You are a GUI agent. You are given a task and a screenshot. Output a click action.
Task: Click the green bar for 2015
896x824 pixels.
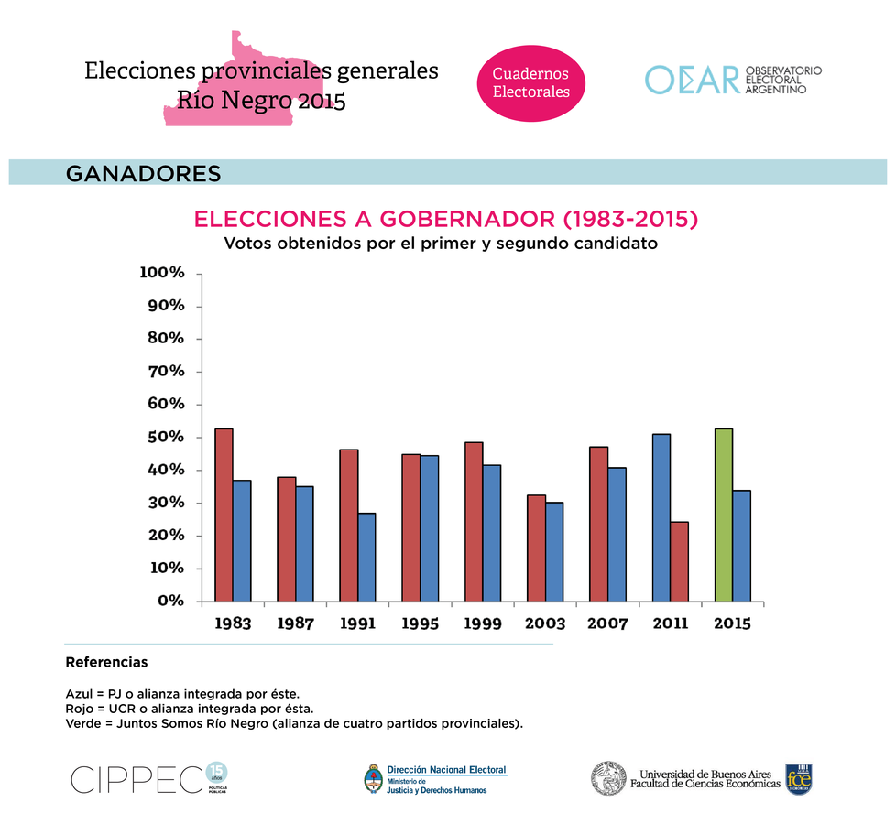pos(724,515)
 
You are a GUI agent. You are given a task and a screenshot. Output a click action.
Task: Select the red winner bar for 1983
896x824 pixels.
pos(224,515)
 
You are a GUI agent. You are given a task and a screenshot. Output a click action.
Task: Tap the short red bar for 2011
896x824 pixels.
pos(679,561)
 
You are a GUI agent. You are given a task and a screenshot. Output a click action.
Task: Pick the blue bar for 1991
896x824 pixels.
pos(366,557)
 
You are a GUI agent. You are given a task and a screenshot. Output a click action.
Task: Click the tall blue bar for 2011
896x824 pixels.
pos(661,517)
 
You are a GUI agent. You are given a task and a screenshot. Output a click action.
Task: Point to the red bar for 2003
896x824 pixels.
pos(536,548)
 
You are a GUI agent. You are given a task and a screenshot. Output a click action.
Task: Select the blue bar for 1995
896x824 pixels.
pos(429,528)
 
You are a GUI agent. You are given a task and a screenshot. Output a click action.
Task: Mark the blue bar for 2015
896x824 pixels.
pos(741,546)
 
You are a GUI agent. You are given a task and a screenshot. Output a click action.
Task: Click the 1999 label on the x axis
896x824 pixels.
pos(483,623)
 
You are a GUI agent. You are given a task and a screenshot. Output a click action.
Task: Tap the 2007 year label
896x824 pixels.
pos(607,623)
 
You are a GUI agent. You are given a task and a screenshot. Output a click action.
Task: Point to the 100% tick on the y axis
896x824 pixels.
pos(162,273)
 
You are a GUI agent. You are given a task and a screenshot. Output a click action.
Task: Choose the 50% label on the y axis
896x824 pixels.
pos(166,437)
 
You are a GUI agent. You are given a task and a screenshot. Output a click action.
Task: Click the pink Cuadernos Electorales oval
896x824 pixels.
pos(531,82)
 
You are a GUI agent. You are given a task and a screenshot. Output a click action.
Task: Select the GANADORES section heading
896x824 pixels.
pos(144,173)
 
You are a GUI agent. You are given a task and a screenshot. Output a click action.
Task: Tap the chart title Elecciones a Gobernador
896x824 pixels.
pos(446,220)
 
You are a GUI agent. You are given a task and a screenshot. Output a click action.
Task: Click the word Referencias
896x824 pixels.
pos(106,661)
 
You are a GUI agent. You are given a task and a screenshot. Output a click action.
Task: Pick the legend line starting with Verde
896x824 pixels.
pos(294,723)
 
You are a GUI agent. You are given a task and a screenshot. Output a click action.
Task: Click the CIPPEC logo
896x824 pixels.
pos(137,778)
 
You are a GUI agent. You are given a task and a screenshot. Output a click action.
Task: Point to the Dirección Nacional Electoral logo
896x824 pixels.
pos(435,778)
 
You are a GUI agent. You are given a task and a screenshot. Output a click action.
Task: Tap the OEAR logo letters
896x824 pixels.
pos(692,80)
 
